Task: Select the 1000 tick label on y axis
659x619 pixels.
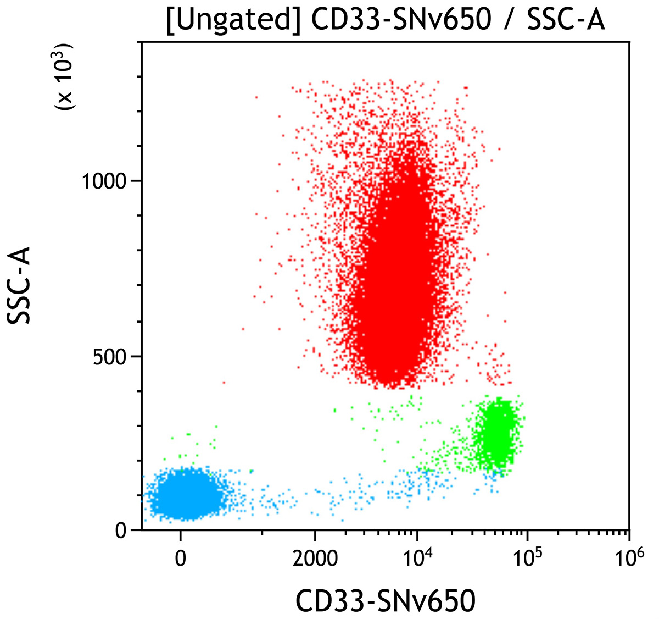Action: (x=104, y=180)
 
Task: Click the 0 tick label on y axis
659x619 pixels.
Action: (x=121, y=530)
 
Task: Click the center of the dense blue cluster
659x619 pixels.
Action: (x=184, y=494)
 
